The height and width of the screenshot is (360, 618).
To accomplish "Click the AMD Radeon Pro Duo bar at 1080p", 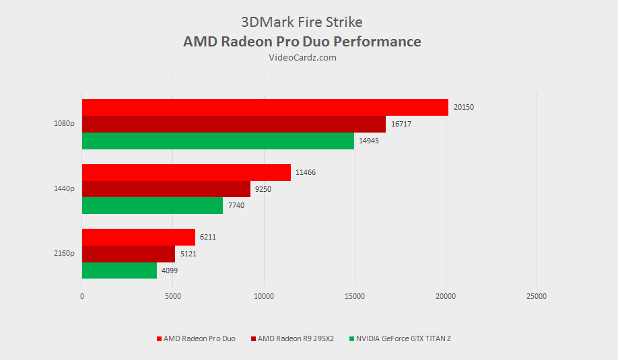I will [x=265, y=107].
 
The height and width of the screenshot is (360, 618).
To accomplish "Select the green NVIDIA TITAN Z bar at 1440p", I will [x=152, y=205].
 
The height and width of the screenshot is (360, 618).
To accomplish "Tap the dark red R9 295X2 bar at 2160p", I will [x=128, y=254].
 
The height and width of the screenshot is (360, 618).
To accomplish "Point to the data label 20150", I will [x=464, y=107].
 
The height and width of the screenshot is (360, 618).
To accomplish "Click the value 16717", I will [x=401, y=124].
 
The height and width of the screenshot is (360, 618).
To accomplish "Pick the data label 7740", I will [x=236, y=205].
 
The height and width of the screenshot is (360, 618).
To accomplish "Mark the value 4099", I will [x=170, y=271].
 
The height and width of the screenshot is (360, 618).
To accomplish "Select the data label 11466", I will [x=305, y=172].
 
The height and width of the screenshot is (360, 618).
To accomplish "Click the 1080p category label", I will [x=65, y=124].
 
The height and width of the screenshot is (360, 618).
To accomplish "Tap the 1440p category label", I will [x=65, y=189].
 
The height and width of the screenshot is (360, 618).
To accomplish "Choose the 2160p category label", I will [x=65, y=254].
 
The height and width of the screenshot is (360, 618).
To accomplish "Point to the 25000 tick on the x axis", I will [x=536, y=296].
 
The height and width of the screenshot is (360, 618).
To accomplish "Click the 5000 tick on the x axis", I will [x=173, y=296].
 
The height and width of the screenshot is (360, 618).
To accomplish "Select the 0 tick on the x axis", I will [x=82, y=296].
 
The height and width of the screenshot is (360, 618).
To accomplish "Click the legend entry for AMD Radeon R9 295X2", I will [x=296, y=338].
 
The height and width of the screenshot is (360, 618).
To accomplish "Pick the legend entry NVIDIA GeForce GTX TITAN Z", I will [x=403, y=338].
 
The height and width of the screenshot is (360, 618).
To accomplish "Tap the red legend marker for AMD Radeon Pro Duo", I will [x=159, y=338].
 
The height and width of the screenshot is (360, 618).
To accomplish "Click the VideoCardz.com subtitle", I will [x=302, y=58].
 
